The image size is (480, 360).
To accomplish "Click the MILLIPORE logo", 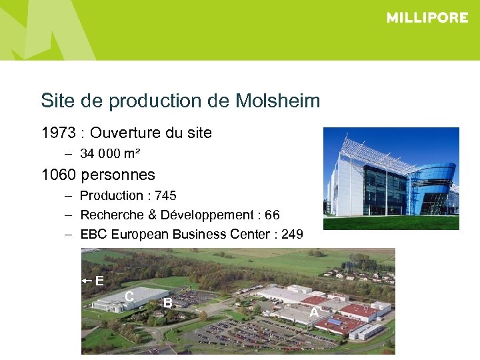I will (x=427, y=18).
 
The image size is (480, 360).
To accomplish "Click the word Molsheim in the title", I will (x=278, y=101).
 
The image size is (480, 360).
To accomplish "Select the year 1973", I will (x=58, y=133).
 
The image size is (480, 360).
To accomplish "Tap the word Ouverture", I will (x=127, y=133).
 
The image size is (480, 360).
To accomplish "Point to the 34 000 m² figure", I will (x=110, y=154).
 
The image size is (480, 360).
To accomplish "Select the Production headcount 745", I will (x=165, y=196).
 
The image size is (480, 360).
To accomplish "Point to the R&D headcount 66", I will (x=272, y=215).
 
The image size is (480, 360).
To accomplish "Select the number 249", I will (x=291, y=235).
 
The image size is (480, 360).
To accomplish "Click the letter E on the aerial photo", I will (x=99, y=281).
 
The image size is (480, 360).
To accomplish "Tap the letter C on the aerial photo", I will (x=129, y=295).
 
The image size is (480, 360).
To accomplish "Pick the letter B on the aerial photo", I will (x=168, y=303).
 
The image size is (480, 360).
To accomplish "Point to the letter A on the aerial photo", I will (x=313, y=312).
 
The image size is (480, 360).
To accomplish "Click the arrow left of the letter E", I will (x=87, y=281).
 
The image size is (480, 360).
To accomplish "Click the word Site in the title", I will (x=57, y=101).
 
